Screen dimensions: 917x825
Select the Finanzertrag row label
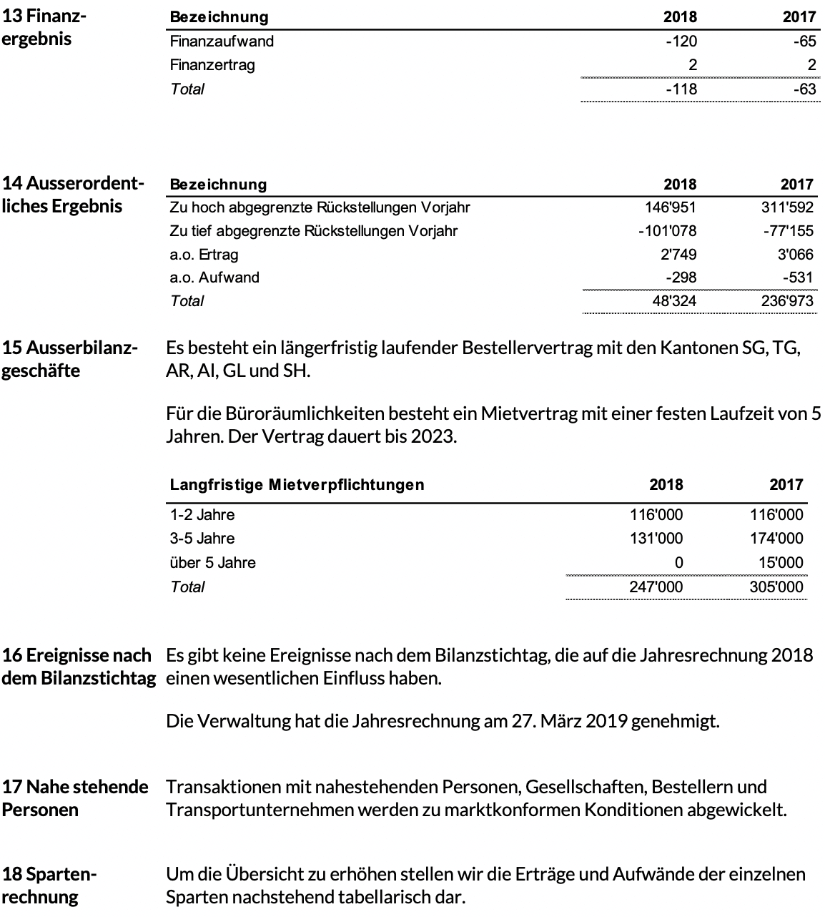pyautogui.click(x=212, y=65)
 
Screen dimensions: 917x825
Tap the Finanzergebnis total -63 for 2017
pyautogui.click(x=804, y=89)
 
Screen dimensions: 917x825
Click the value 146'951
pyautogui.click(x=670, y=207)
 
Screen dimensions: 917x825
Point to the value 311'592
pyautogui.click(x=787, y=207)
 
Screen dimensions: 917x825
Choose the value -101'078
pyautogui.click(x=667, y=231)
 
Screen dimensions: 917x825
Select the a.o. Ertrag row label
pyautogui.click(x=204, y=254)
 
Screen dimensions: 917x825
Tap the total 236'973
pyautogui.click(x=787, y=301)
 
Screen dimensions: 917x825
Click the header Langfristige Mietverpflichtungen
pyautogui.click(x=297, y=485)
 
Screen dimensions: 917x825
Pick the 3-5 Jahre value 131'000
pyautogui.click(x=656, y=539)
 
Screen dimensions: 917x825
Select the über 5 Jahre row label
pyautogui.click(x=212, y=563)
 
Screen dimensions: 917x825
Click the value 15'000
pyautogui.click(x=781, y=563)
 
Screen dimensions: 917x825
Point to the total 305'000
pyautogui.click(x=776, y=587)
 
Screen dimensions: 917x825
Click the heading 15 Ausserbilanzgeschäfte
pyautogui.click(x=69, y=359)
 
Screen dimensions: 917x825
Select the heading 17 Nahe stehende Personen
pyautogui.click(x=75, y=798)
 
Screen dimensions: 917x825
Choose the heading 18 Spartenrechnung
pyautogui.click(x=49, y=885)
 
